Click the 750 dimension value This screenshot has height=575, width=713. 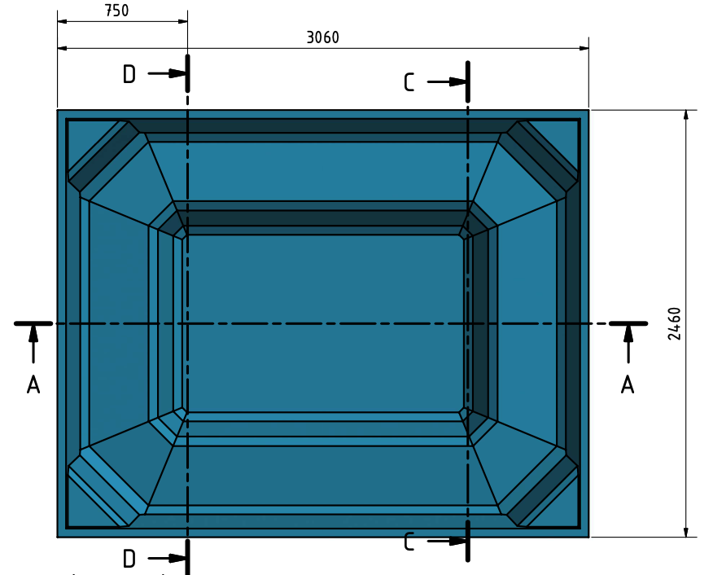tap(117, 11)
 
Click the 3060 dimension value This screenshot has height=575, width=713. tap(323, 37)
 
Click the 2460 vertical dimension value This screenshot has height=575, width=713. tap(675, 324)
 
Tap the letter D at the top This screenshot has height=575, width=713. tap(129, 73)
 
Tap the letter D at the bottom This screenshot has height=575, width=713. tap(129, 559)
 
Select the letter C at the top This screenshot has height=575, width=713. tap(409, 82)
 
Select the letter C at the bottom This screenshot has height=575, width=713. tap(409, 542)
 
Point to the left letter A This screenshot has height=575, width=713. tap(33, 385)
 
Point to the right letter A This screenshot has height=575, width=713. tap(628, 385)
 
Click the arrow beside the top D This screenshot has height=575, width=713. tap(167, 73)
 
